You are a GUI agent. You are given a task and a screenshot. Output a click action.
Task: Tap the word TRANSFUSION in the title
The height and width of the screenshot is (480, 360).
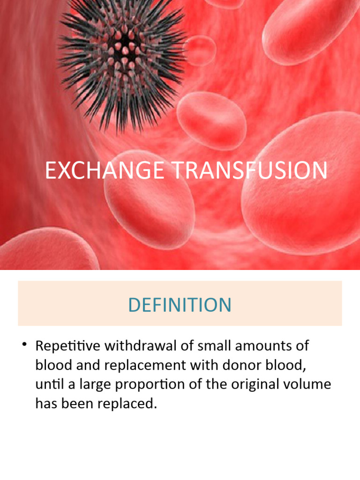coord(251,171)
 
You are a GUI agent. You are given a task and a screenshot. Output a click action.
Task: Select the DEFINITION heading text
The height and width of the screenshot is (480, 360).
coord(180,305)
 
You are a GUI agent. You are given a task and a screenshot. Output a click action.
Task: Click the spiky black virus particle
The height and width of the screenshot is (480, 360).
coord(124,47)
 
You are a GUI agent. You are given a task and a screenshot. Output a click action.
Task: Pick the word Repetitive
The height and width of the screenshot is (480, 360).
coord(67,347)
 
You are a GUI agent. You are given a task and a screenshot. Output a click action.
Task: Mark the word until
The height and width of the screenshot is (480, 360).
coord(47,385)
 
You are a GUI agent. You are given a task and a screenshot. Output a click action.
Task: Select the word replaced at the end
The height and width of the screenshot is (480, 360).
coord(127,404)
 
